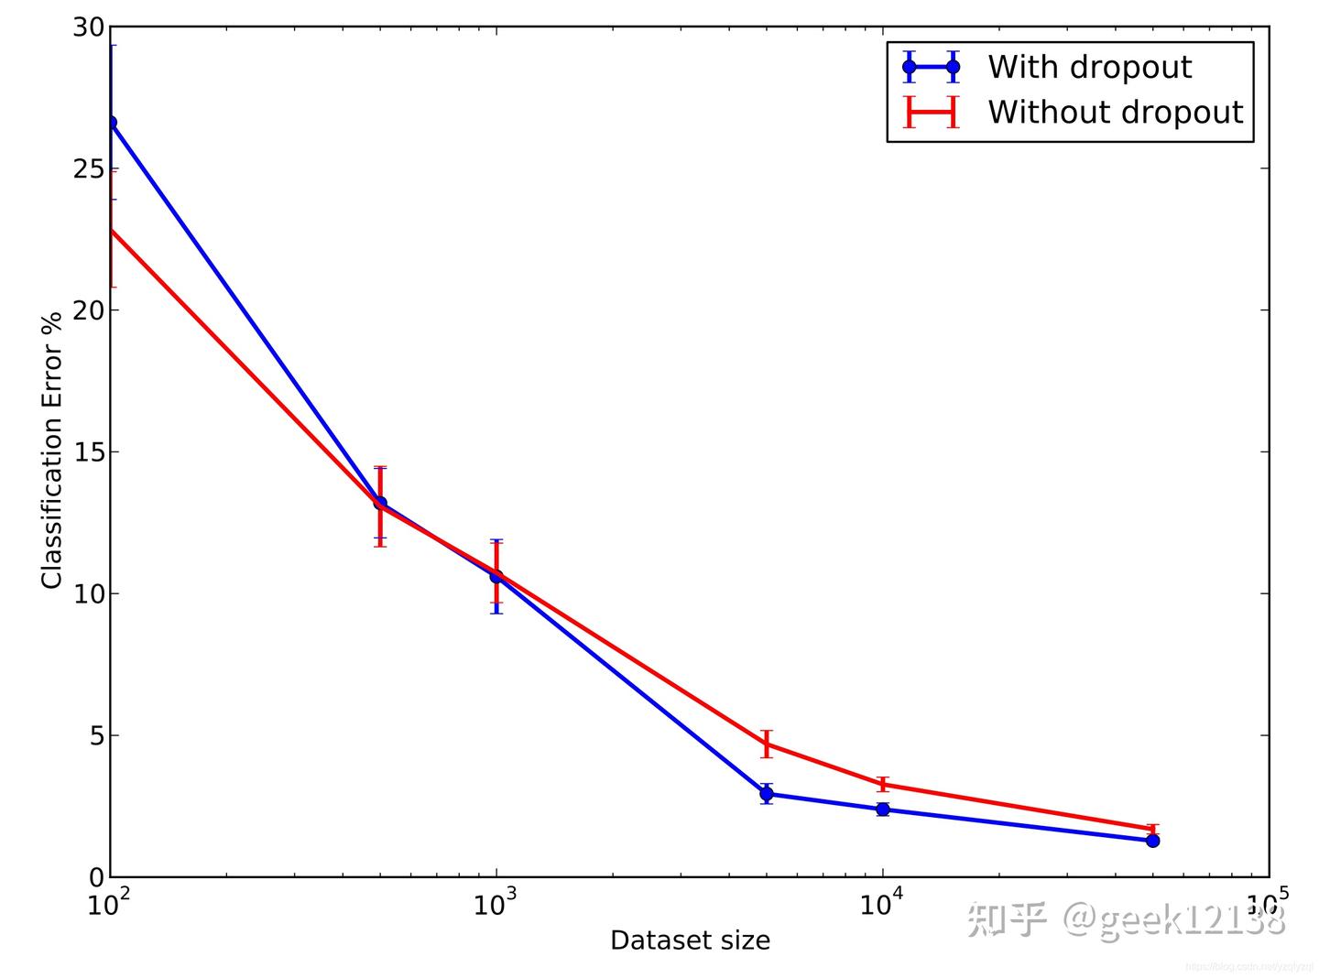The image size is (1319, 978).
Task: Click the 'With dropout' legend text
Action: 1088,67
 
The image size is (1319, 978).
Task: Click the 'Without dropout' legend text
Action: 1115,112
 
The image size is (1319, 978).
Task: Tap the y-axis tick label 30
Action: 89,27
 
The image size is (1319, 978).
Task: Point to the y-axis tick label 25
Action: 89,169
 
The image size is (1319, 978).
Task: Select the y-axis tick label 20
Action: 89,310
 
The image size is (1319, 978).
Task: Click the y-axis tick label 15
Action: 89,452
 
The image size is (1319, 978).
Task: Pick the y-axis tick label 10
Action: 89,593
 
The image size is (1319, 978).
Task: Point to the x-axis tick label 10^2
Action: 108,903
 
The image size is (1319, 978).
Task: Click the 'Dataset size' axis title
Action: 690,940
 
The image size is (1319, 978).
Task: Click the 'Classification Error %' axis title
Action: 51,451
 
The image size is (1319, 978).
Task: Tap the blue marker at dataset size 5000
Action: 767,794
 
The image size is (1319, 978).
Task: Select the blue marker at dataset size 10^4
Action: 882,809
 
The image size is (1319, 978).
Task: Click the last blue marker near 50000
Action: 1152,840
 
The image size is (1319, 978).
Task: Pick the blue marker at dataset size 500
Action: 380,503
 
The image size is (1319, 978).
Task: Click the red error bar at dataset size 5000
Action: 767,744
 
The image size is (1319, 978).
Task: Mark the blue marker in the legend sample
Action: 909,67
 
